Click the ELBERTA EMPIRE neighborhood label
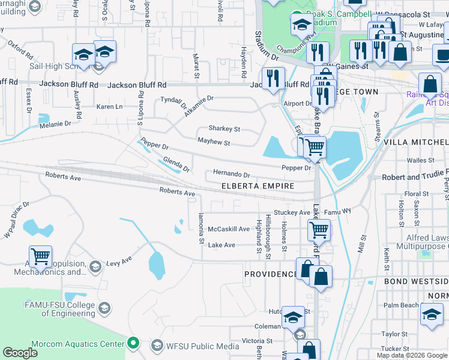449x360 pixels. pyautogui.click(x=258, y=186)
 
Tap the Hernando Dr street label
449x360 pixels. pyautogui.click(x=231, y=175)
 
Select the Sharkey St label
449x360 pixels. pyautogui.click(x=224, y=128)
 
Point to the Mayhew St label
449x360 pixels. pyautogui.click(x=214, y=143)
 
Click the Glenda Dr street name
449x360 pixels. pyautogui.click(x=176, y=164)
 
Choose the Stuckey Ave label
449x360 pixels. pyautogui.click(x=291, y=212)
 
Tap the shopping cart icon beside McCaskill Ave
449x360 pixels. pyautogui.click(x=319, y=229)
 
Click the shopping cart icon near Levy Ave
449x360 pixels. pyautogui.click(x=40, y=256)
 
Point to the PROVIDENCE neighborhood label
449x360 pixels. pyautogui.click(x=270, y=274)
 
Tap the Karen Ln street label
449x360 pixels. pyautogui.click(x=109, y=107)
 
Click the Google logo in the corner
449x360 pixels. pyautogui.click(x=20, y=353)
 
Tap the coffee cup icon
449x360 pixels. pyautogui.click(x=442, y=55)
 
